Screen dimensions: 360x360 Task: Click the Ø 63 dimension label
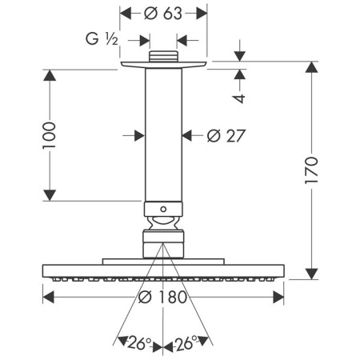(x=163, y=14)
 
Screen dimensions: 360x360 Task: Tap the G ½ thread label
(x=102, y=39)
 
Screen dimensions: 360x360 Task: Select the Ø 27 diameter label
(x=226, y=136)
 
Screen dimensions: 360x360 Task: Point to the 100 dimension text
(x=50, y=135)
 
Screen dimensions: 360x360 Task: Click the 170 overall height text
(x=311, y=170)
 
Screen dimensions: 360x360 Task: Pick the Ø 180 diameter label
(x=163, y=297)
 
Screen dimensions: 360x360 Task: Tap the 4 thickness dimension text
(x=239, y=98)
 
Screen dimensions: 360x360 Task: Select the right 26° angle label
(x=186, y=343)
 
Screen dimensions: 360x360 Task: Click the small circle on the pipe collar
(x=163, y=210)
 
